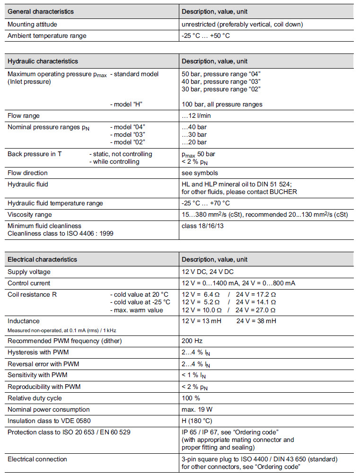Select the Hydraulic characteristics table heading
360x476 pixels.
[43, 61]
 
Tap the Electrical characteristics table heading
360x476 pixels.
[42, 259]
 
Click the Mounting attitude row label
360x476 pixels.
[33, 24]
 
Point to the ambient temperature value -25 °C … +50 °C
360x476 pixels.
[206, 35]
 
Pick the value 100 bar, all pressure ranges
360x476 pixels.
[222, 104]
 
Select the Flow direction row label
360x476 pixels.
[27, 173]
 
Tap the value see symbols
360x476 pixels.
[200, 173]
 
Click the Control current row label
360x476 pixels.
[29, 283]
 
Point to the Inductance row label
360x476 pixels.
[24, 321]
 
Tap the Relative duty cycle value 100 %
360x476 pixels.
[191, 398]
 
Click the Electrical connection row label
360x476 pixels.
[37, 459]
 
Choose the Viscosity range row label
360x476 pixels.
[29, 214]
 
